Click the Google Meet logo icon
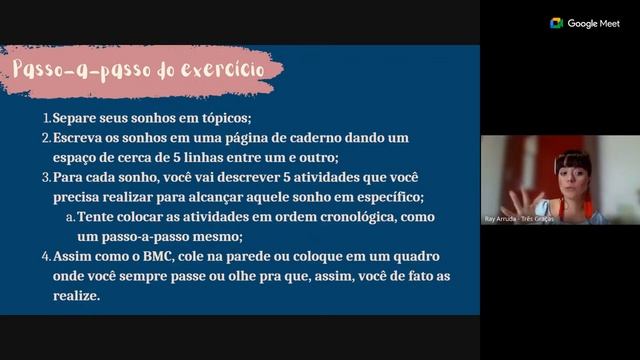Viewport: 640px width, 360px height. click(x=557, y=23)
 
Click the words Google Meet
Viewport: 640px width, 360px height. click(x=594, y=23)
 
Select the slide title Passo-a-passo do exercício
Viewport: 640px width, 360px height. click(x=138, y=70)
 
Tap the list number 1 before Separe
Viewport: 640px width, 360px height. click(x=46, y=118)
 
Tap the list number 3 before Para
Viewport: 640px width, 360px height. click(x=46, y=177)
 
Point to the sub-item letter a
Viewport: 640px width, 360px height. click(x=70, y=217)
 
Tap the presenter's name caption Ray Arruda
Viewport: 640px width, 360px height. click(x=503, y=218)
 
